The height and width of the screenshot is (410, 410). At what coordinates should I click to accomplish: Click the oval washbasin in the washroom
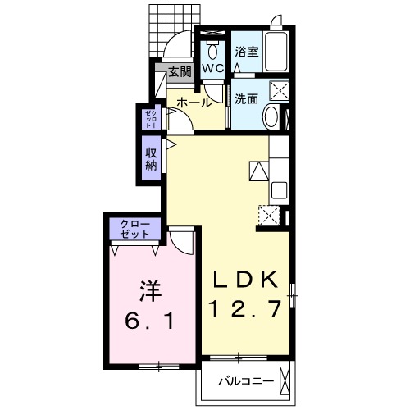[x=270, y=117]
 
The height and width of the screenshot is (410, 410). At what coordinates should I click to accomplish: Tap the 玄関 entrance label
[x=180, y=72]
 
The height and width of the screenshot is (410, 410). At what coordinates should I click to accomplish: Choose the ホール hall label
[x=194, y=103]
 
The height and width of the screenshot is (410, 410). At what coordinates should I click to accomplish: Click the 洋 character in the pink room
[x=147, y=292]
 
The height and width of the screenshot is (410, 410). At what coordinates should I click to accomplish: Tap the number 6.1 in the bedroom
[x=148, y=321]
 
